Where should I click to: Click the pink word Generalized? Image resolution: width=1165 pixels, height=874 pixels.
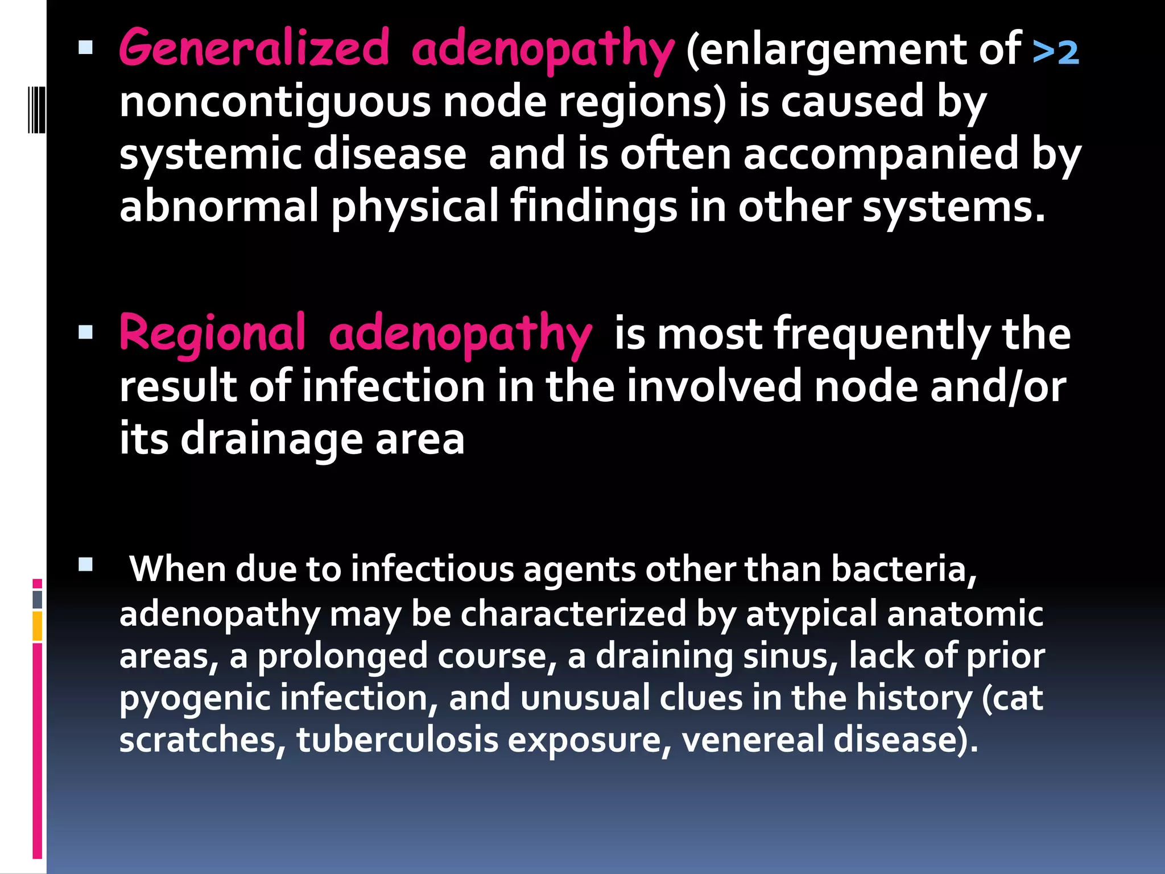(x=254, y=48)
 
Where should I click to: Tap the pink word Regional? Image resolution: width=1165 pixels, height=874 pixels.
(x=212, y=333)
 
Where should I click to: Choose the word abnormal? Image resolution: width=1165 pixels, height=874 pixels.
(x=219, y=207)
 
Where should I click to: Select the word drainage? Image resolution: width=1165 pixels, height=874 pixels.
(x=272, y=440)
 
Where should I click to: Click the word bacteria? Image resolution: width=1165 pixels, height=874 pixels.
(x=903, y=569)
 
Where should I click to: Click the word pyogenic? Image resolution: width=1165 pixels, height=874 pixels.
(x=195, y=699)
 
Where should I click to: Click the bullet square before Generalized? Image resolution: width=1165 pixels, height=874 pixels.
(x=85, y=47)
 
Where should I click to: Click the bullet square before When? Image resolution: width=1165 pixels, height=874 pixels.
(x=85, y=564)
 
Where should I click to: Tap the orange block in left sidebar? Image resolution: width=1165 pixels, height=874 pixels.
(x=38, y=626)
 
